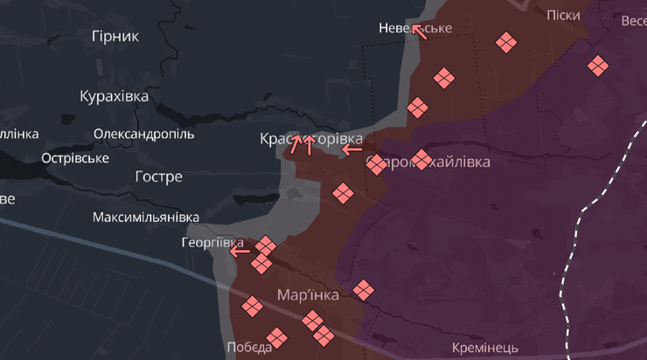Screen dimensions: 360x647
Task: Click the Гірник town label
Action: (x=115, y=36)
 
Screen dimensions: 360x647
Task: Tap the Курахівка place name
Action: (x=114, y=96)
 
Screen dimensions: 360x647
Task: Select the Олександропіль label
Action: (x=144, y=135)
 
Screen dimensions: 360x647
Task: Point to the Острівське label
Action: (x=75, y=158)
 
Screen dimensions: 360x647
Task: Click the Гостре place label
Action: (x=159, y=177)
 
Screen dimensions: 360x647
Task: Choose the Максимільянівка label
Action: (x=146, y=217)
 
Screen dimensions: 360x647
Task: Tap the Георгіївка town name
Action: (x=212, y=242)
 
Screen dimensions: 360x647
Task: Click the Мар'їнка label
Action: (x=308, y=294)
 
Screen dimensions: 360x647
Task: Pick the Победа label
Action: (x=249, y=347)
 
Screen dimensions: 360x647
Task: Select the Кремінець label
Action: (x=485, y=348)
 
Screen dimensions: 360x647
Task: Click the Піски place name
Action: (x=562, y=16)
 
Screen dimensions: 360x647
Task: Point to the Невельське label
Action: (x=415, y=28)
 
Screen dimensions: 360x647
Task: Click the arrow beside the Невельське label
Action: (x=420, y=32)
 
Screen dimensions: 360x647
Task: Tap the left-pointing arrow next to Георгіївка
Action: (x=240, y=252)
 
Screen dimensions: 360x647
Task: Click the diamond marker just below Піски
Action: (x=504, y=42)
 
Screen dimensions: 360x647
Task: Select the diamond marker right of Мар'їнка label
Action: (x=363, y=289)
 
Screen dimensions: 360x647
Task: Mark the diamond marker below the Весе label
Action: (x=598, y=65)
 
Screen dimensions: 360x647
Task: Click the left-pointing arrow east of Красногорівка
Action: (x=352, y=149)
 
